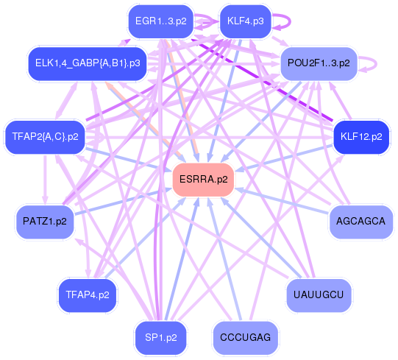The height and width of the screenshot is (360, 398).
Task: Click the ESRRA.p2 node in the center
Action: [203, 180]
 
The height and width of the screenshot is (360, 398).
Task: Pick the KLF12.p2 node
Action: [360, 137]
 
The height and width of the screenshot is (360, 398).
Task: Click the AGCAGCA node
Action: [360, 221]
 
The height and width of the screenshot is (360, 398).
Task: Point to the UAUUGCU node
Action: [319, 294]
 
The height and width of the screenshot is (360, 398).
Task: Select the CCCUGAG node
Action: [246, 337]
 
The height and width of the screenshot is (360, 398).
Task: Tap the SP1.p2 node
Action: [160, 337]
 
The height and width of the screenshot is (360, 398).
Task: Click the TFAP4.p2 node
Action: [88, 295]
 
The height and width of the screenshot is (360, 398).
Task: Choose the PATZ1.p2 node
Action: [45, 221]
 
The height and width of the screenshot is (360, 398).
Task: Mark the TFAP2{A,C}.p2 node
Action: [45, 137]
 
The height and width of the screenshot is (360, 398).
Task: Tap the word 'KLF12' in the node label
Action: [354, 137]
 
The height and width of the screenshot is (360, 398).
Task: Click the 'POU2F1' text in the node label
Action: [308, 63]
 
